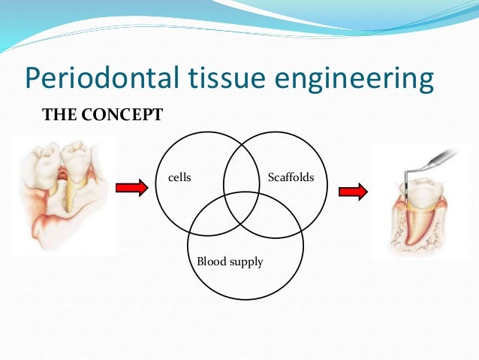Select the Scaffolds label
click(291, 178)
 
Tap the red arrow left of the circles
click(132, 189)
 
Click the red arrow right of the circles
click(353, 192)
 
